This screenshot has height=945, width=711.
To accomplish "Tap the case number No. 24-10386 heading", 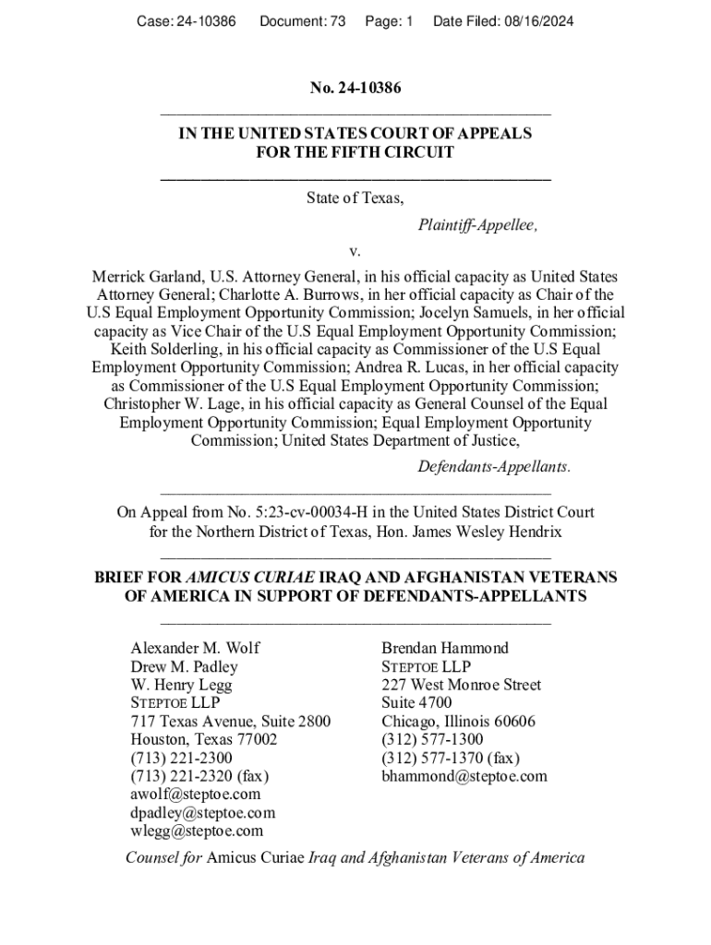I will pos(355,89).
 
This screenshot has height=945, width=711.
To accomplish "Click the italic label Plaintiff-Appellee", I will pos(477,224).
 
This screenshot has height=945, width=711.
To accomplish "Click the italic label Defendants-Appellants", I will pos(493,467).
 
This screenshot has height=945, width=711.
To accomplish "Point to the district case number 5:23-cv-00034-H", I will pos(316,512).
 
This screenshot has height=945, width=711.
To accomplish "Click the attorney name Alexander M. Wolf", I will pos(195,648).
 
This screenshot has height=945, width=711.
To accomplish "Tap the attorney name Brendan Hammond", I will pos(445,648).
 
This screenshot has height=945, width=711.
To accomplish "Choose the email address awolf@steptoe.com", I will pos(196,794).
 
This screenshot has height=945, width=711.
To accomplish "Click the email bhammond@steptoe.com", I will pos(464,776).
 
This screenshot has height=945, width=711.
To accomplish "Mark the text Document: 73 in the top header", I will pos(302,19).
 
